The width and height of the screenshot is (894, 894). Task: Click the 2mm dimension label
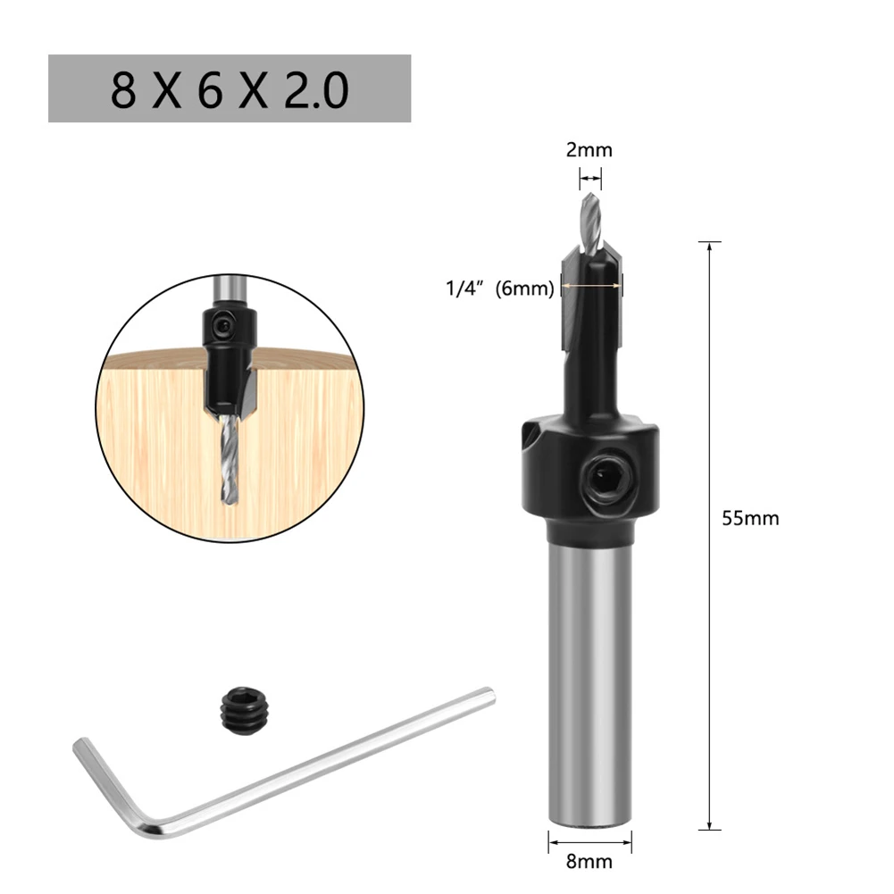(x=589, y=149)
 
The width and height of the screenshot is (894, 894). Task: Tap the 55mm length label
(x=750, y=518)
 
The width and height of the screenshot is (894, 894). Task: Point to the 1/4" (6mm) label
(x=500, y=288)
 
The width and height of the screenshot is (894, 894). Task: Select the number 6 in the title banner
(x=211, y=89)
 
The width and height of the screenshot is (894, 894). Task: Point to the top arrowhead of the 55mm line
(x=709, y=246)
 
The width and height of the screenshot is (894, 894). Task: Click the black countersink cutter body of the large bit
(x=591, y=339)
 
